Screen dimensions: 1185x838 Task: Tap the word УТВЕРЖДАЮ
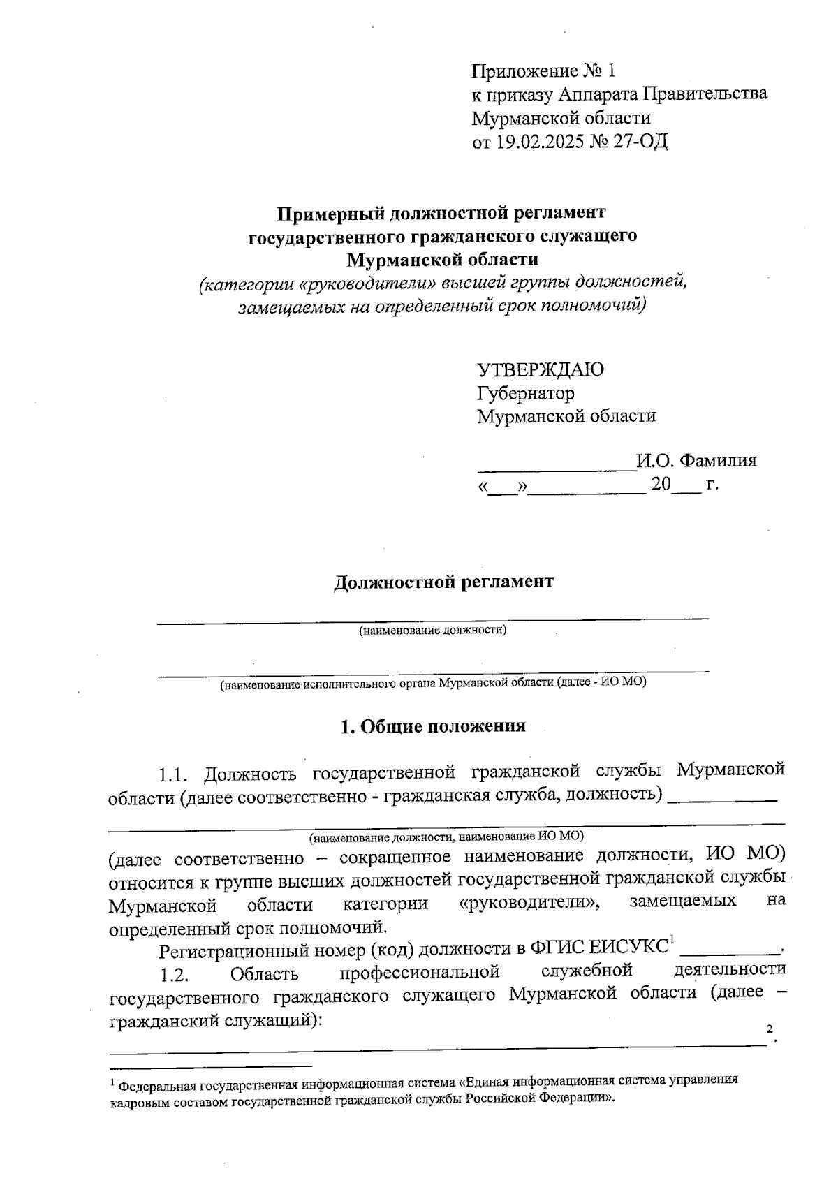click(x=541, y=369)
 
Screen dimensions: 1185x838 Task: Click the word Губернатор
click(x=526, y=393)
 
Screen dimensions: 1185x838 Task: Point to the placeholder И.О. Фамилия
click(x=696, y=461)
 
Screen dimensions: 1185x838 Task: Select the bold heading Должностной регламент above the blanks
click(x=443, y=582)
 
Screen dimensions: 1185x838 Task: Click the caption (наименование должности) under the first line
click(x=432, y=631)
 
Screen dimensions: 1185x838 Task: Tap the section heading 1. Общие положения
click(x=432, y=727)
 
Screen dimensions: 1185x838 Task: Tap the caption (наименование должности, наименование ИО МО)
click(x=447, y=836)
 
